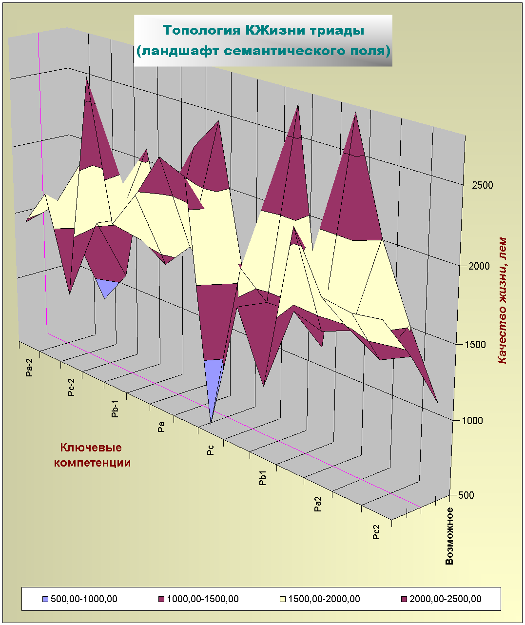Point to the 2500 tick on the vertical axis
pos(482,185)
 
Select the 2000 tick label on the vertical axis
pos(479,266)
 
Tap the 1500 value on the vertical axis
pos(475,345)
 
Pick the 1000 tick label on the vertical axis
pos(472,421)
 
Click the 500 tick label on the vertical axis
pos(466,495)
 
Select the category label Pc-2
pos(71,387)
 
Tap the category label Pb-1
pos(115,409)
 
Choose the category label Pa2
pos(318,504)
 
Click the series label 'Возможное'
pos(449,536)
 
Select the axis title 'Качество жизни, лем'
pos(502,300)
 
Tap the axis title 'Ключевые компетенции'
pos(92,455)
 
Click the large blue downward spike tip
pos(211,421)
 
